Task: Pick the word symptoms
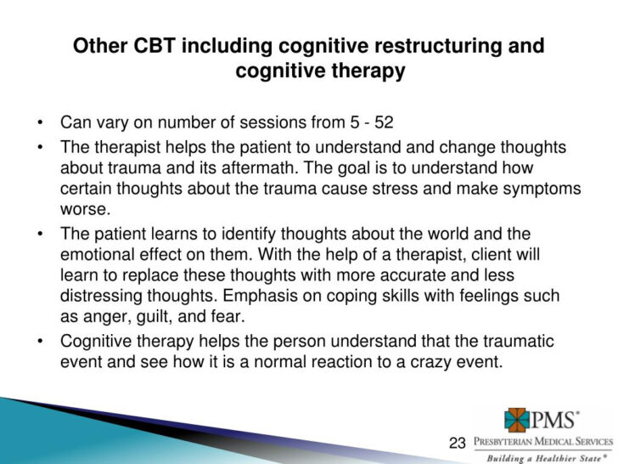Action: (x=532, y=189)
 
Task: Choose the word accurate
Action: (x=413, y=275)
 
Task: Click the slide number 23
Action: (x=458, y=443)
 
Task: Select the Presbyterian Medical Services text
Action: (x=542, y=441)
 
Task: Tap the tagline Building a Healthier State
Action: (x=547, y=456)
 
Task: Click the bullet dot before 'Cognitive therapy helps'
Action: (x=41, y=342)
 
